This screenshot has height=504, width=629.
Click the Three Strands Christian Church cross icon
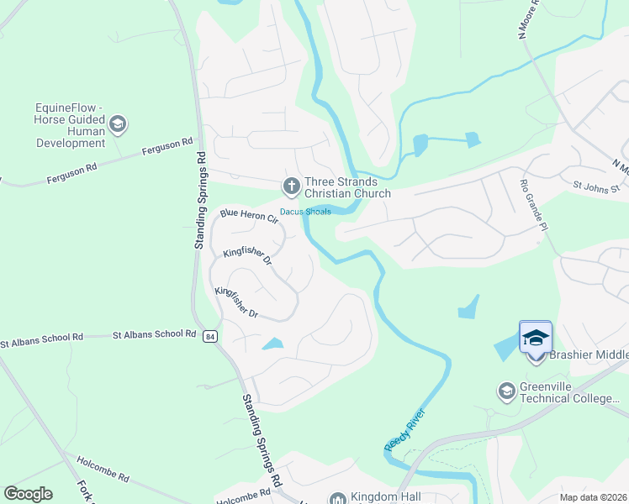(292, 185)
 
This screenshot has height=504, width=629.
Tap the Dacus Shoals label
(305, 212)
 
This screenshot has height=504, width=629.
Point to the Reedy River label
(404, 430)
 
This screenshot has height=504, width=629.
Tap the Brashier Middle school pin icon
(536, 339)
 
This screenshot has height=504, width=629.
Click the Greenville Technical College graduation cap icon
(506, 391)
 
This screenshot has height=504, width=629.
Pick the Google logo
(29, 494)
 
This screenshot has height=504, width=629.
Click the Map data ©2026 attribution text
(592, 497)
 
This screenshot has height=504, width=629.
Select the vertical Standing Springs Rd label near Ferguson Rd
(200, 200)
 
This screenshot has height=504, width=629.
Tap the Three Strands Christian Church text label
(347, 187)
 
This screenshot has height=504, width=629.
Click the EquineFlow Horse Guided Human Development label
(71, 126)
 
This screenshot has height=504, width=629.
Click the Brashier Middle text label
(588, 355)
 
